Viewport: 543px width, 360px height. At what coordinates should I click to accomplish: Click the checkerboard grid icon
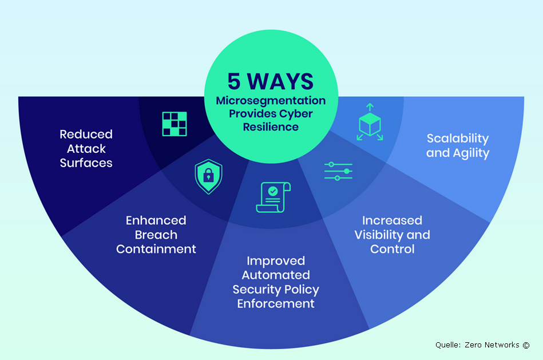point(175,124)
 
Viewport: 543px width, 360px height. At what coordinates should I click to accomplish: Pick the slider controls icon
point(338,171)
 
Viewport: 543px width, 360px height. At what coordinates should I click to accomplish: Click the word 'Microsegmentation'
point(271,101)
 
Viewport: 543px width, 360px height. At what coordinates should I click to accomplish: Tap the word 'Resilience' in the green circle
point(271,126)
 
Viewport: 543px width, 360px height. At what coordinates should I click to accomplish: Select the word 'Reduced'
point(86,134)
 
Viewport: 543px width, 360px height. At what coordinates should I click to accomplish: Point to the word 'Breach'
point(156,235)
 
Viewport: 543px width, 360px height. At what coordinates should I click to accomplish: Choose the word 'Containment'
point(156,249)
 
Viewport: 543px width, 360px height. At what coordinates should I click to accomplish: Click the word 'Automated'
point(276,275)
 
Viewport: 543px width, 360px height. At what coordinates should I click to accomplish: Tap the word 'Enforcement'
point(276,303)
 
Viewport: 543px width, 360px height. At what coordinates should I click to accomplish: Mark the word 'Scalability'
point(458,139)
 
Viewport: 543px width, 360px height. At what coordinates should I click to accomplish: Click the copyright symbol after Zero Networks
point(526,345)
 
